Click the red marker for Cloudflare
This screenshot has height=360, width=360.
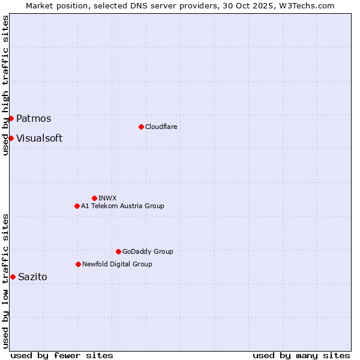141,127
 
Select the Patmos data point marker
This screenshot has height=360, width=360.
11,118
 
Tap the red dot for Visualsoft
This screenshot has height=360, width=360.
11,138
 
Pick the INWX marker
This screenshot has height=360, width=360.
94,198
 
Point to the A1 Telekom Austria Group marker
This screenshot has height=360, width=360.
77,206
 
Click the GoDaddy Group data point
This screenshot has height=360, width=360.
118,251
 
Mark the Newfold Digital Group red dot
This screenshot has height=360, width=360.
78,264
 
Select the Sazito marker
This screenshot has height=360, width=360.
13,277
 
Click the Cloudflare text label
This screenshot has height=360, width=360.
161,127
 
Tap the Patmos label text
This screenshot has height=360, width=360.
34,119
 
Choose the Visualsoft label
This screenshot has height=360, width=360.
39,139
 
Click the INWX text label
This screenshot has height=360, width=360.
107,198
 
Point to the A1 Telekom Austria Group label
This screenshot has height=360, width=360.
122,206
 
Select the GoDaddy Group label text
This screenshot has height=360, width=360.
147,251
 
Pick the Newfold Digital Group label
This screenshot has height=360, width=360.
117,264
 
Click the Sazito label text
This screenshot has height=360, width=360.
32,277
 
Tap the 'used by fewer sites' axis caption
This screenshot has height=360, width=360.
62,355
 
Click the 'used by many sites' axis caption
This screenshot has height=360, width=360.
301,355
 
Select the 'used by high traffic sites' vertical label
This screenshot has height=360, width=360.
5,85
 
